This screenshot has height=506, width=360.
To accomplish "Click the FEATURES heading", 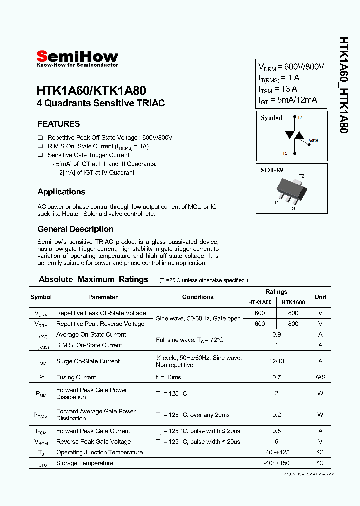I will (x=59, y=124).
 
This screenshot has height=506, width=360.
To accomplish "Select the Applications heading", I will (x=61, y=192).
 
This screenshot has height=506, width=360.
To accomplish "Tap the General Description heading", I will (x=75, y=229).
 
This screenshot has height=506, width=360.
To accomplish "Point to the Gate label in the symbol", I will (x=313, y=140).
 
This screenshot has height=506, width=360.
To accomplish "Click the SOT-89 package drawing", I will (x=290, y=190).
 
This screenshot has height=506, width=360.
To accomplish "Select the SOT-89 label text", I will (x=272, y=170).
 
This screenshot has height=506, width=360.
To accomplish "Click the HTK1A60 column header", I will (x=260, y=302).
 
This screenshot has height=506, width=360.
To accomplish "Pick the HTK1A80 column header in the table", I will (x=293, y=302).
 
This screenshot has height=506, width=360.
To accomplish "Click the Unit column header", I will (x=320, y=297).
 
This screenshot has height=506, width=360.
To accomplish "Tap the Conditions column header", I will (x=198, y=297).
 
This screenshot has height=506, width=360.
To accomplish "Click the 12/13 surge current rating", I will (x=276, y=361).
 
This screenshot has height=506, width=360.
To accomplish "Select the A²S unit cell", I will (x=320, y=377).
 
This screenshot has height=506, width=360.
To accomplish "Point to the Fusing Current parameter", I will (x=76, y=377).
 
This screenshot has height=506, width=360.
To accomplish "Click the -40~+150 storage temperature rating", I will (x=276, y=463).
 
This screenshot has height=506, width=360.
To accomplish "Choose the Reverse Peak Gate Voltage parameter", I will (x=93, y=442).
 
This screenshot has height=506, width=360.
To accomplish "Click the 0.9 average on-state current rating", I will (x=276, y=334).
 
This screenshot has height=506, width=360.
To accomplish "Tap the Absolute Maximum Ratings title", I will (x=93, y=279).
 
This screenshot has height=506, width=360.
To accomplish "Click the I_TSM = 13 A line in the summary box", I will (x=278, y=89).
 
